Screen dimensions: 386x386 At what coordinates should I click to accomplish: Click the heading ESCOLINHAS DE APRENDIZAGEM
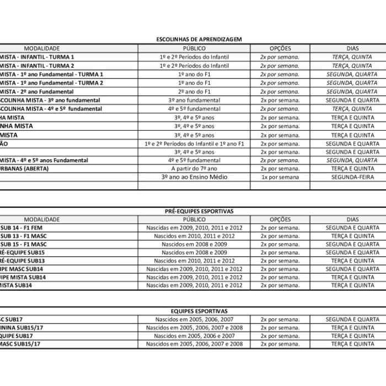(193, 39)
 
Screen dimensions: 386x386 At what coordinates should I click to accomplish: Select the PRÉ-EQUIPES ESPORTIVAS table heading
(193, 211)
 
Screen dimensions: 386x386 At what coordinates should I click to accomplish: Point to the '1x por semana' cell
(280, 178)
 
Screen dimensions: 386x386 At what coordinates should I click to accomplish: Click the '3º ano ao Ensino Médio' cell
(193, 178)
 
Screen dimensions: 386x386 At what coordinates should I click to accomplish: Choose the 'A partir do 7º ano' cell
(193, 169)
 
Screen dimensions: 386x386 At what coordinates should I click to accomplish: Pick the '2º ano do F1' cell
(193, 92)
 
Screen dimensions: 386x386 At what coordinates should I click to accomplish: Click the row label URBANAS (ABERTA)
(24, 169)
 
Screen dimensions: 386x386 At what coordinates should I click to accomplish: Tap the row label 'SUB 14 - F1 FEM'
(22, 227)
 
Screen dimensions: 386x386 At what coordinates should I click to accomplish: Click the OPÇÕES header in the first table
(280, 49)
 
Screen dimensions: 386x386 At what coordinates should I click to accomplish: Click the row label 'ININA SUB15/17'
(23, 328)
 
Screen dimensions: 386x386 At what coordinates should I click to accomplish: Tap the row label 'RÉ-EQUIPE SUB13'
(23, 260)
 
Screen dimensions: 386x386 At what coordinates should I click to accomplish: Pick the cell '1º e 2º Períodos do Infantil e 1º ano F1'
(193, 143)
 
